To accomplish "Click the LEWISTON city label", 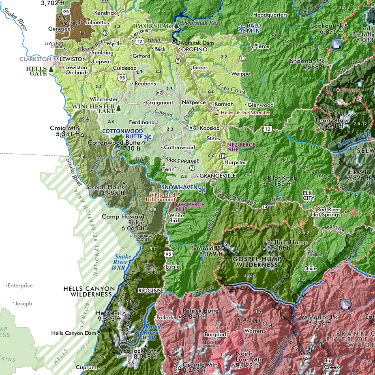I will (73, 59).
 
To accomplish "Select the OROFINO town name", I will (194, 49).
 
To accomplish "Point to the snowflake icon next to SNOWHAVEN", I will (202, 190).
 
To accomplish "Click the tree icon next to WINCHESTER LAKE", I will (118, 108).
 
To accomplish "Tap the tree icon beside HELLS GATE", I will (51, 69).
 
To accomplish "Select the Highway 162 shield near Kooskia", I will (191, 128).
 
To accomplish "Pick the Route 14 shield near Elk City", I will (265, 207).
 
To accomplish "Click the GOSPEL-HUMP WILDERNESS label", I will (255, 261).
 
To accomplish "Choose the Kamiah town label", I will (224, 104).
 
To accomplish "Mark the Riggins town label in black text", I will (149, 290).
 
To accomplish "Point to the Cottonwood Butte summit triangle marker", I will (143, 143).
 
